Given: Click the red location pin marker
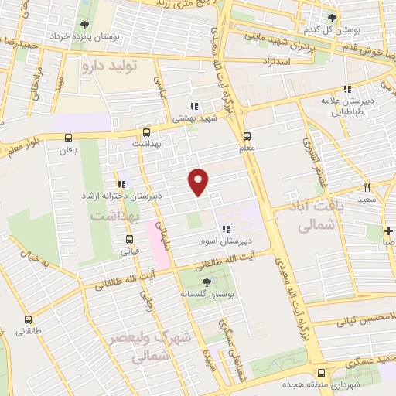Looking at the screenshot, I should tap(199, 181).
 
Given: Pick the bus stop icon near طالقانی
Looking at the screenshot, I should tap(28, 319).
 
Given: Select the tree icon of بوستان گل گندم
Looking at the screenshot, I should tap(333, 17).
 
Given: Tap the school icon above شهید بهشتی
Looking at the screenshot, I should tap(193, 106).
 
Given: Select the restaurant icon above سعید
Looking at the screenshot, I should tap(367, 187).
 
